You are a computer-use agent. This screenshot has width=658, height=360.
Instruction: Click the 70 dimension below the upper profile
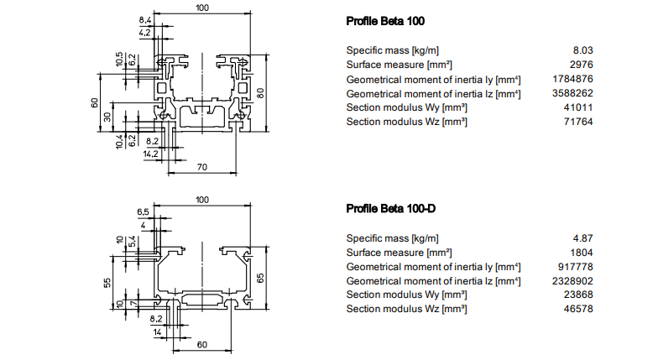(202, 167)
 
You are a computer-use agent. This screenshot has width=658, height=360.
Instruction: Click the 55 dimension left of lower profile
(108, 283)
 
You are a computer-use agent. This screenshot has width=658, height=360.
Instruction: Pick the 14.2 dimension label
(150, 154)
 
